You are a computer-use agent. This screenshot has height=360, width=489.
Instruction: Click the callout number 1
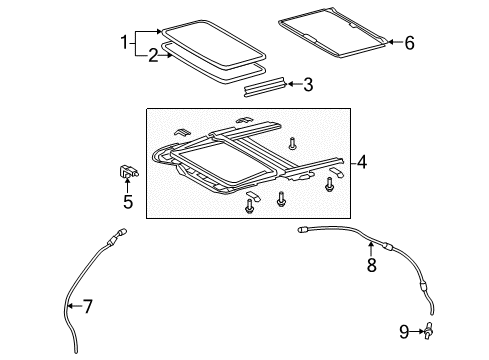point(124,42)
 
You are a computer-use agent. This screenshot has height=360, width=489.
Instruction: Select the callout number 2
point(152,56)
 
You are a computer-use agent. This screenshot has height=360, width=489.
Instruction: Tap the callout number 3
point(308,85)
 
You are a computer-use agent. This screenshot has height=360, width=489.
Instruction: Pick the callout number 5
point(127,201)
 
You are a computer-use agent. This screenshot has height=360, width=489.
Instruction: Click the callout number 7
point(87,306)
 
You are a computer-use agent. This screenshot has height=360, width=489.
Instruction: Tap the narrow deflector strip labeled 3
point(264,87)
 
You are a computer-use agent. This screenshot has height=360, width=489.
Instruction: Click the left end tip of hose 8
point(301,230)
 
